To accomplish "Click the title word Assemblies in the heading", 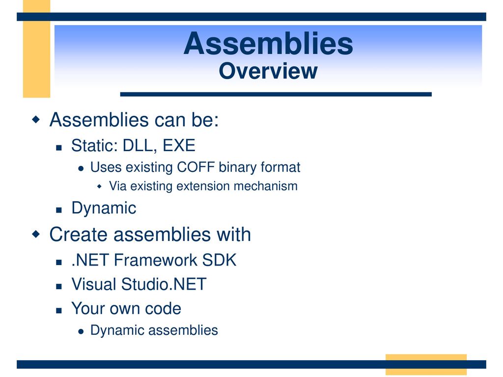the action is click(x=268, y=44).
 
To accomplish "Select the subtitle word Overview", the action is click(x=268, y=71).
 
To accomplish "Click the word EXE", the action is click(x=179, y=145).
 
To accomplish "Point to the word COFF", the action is click(x=196, y=167).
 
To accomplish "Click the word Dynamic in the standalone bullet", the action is click(x=104, y=208).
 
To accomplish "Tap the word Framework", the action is click(x=155, y=260).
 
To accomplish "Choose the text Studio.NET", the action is click(x=164, y=284).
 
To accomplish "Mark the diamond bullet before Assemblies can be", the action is click(x=36, y=120).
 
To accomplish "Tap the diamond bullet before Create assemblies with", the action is click(x=36, y=234).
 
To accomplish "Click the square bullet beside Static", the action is click(x=59, y=148).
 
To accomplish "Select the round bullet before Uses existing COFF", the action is click(x=81, y=168).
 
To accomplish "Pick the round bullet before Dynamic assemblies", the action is click(x=81, y=331).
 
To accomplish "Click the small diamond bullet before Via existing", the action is click(x=99, y=186).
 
